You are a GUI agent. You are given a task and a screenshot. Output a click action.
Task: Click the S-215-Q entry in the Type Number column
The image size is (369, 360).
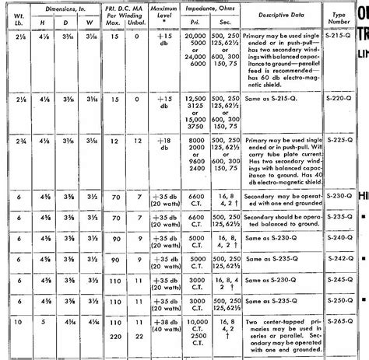339,37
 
